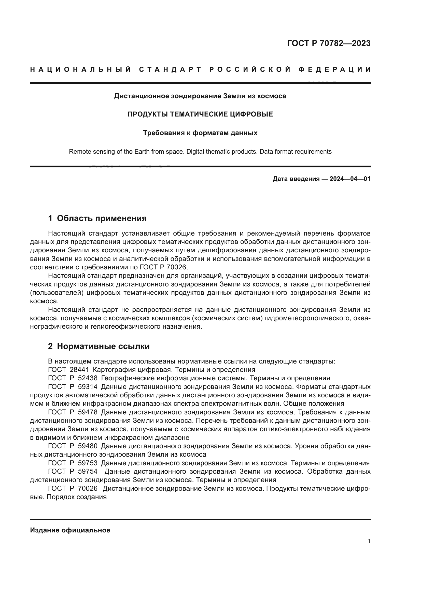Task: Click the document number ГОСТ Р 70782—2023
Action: pos(329,43)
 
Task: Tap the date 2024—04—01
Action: pos(350,179)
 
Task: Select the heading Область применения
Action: pos(102,218)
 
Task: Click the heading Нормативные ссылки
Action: pos(103,346)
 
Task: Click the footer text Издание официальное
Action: pos(70,530)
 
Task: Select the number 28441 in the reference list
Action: pos(79,370)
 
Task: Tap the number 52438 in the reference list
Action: pos(88,378)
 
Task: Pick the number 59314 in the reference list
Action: pos(88,387)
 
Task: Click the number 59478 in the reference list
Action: pos(88,412)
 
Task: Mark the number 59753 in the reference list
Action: pos(88,463)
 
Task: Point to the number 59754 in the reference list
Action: pos(88,471)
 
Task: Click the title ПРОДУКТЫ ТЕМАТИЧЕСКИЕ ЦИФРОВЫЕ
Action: pos(200,114)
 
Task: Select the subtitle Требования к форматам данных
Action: pos(200,133)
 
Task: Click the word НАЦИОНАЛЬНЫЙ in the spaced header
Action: pos(81,69)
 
